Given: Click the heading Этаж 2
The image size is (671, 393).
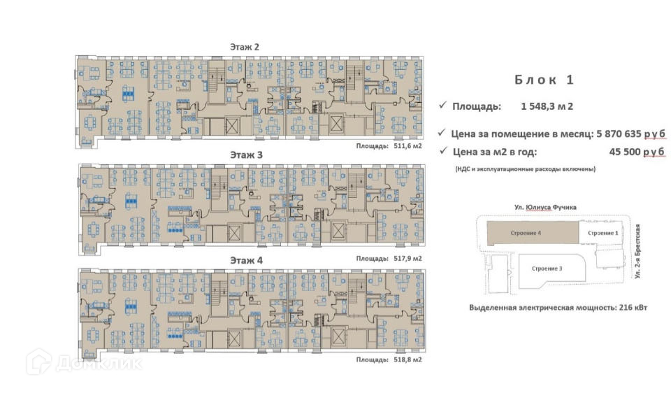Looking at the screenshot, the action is click(245, 46).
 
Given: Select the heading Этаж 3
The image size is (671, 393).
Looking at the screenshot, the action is click(245, 155).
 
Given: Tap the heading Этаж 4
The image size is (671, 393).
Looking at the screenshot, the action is click(245, 260).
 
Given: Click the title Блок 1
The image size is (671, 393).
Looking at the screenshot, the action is click(544, 80).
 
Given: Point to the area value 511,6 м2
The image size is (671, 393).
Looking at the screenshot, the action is click(408, 147).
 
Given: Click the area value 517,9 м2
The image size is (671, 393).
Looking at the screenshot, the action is click(408, 258).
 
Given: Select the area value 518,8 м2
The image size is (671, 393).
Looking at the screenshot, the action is click(408, 360).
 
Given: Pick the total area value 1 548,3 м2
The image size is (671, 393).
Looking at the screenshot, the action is click(547, 107).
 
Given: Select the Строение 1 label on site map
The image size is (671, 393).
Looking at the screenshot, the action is click(602, 232).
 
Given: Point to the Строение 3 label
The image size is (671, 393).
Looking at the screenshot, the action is click(547, 268).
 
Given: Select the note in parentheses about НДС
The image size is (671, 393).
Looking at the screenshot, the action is click(524, 169).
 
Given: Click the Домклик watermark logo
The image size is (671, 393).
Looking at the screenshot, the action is click(84, 363).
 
